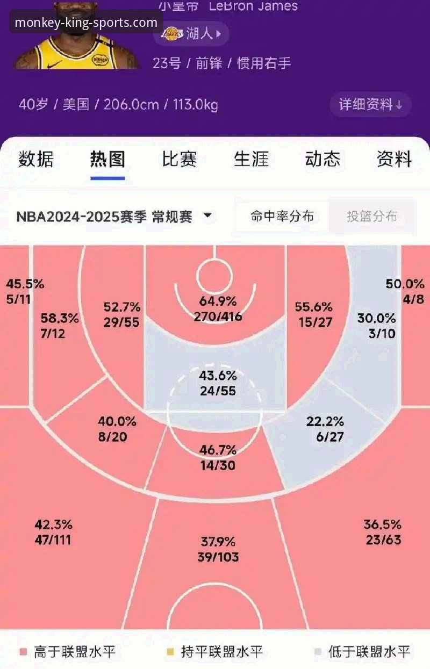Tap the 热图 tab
[107, 160]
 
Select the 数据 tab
[36, 160]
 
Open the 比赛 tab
[179, 160]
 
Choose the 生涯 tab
[251, 160]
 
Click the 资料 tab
[394, 160]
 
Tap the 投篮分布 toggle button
[371, 217]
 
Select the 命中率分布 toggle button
[282, 217]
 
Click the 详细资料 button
[370, 104]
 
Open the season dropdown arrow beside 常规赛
[207, 217]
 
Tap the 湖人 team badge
[191, 34]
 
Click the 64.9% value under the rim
[218, 301]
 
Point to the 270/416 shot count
[218, 316]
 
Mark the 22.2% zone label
[325, 421]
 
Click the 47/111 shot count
[53, 540]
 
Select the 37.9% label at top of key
[218, 542]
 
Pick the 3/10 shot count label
[382, 333]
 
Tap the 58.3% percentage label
[60, 319]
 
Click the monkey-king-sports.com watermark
[86, 23]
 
